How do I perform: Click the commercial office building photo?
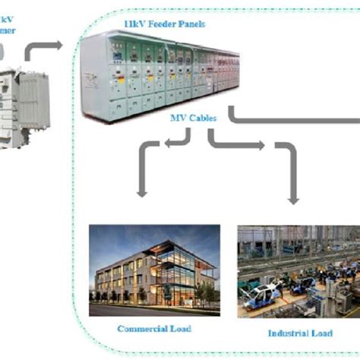tap(154, 270)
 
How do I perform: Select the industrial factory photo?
tap(297, 270)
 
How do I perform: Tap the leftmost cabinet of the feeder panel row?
tap(95, 76)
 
